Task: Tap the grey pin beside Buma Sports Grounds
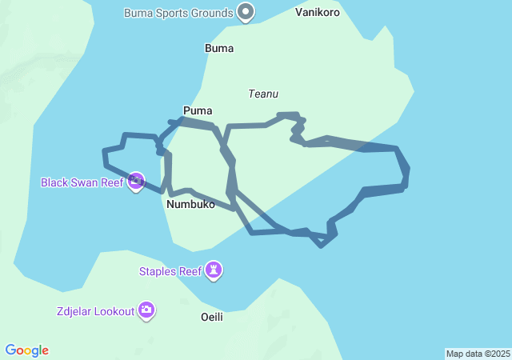pyautogui.click(x=246, y=12)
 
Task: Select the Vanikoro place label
pyautogui.click(x=317, y=13)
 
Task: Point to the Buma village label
pyautogui.click(x=219, y=48)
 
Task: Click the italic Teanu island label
pyautogui.click(x=263, y=94)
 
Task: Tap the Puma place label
pyautogui.click(x=198, y=110)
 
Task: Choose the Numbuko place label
pyautogui.click(x=191, y=204)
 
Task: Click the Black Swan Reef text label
pyautogui.click(x=82, y=182)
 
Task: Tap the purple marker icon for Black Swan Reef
pyautogui.click(x=136, y=181)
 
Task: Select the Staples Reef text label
pyautogui.click(x=170, y=271)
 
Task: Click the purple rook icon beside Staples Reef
pyautogui.click(x=214, y=270)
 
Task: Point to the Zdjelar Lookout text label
pyautogui.click(x=95, y=310)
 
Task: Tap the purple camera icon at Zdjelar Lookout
pyautogui.click(x=146, y=310)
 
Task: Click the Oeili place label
pyautogui.click(x=211, y=317)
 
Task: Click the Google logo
pyautogui.click(x=26, y=350)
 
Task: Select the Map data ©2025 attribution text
pyautogui.click(x=478, y=354)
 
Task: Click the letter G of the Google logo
pyautogui.click(x=10, y=350)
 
